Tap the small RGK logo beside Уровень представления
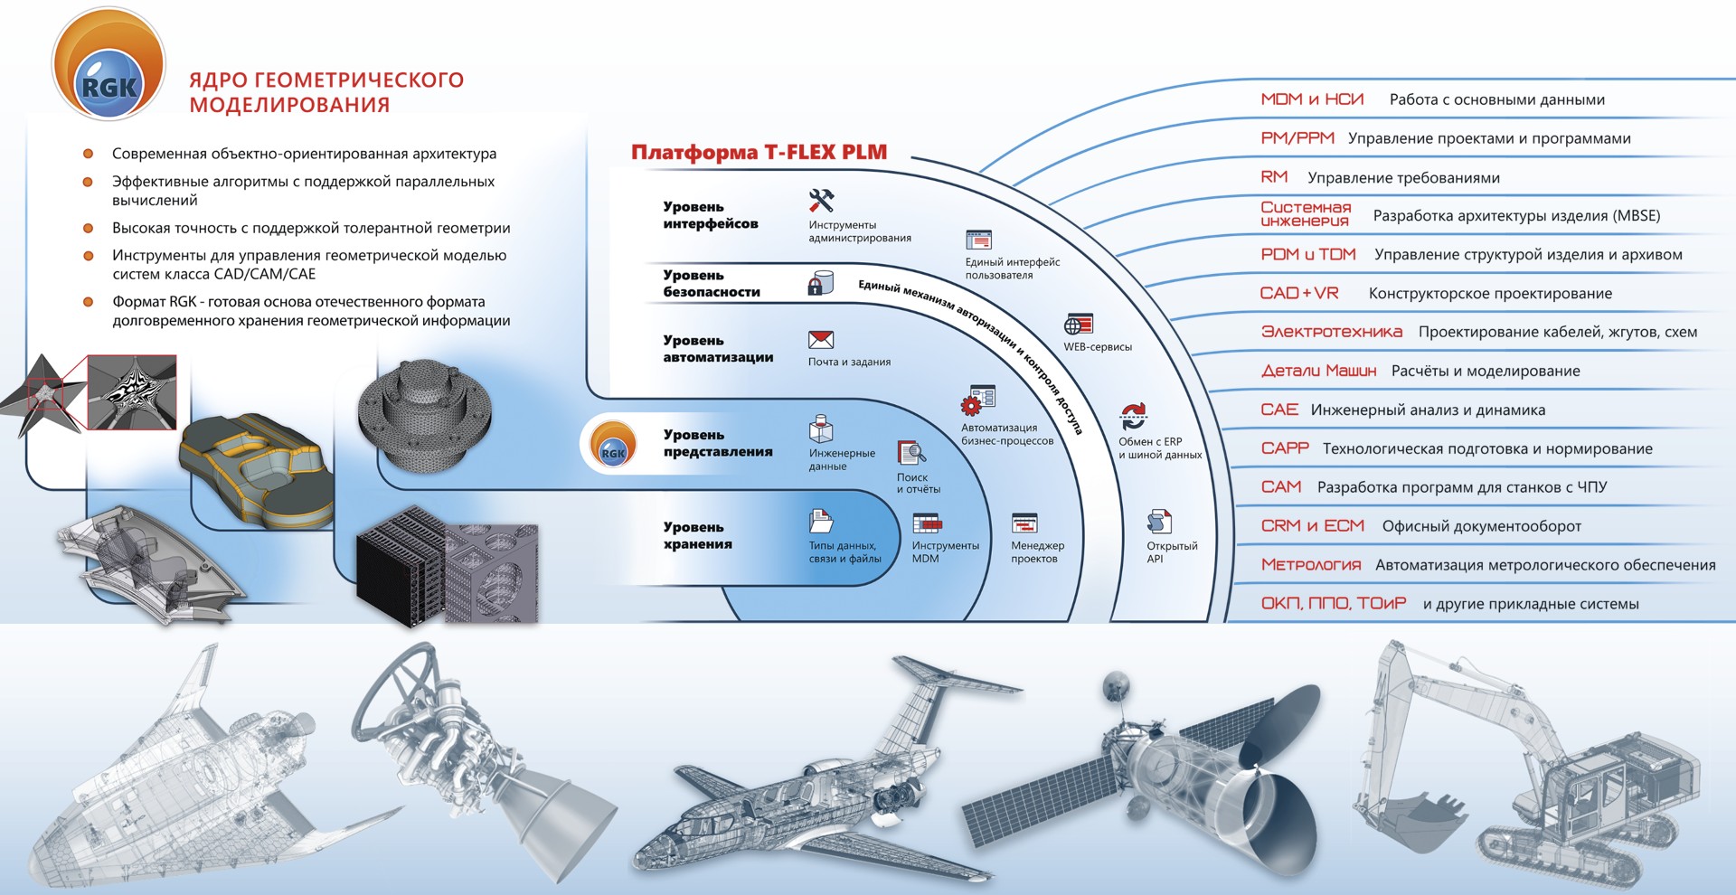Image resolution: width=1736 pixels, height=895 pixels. tap(612, 444)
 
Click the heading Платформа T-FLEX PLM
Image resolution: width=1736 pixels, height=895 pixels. tap(759, 152)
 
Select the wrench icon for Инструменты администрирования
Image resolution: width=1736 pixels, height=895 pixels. tap(821, 200)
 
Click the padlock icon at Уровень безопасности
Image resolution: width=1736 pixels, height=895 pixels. tap(820, 283)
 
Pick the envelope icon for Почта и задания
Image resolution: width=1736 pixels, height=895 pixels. tap(821, 340)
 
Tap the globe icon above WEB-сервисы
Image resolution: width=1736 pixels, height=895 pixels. tap(1079, 325)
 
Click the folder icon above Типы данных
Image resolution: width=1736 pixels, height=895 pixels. tap(821, 522)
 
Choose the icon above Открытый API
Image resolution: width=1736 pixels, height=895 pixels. tap(1159, 522)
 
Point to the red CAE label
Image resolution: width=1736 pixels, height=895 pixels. tap(1279, 410)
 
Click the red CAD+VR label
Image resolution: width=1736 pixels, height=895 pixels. tap(1299, 293)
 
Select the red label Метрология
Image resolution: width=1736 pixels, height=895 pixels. tap(1311, 565)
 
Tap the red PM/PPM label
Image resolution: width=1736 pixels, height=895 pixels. tap(1297, 138)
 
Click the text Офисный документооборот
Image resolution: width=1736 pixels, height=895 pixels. tap(1482, 526)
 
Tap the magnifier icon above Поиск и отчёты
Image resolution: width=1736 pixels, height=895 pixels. tap(911, 452)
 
